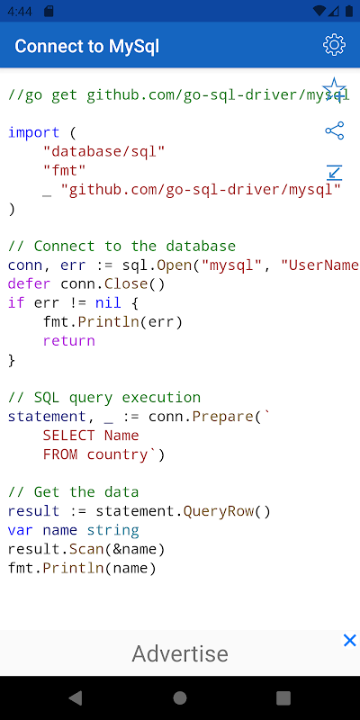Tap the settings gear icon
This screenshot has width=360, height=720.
334,45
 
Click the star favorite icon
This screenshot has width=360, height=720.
334,88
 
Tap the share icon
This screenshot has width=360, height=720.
334,130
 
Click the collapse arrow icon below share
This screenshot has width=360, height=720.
334,172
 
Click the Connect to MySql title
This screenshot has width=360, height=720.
86,47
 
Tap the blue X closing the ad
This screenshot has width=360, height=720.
350,640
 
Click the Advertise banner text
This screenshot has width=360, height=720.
180,653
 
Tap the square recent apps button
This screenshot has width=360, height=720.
283,698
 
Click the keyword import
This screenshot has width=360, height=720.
34,132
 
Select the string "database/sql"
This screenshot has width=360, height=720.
103,151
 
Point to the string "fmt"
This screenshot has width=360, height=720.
65,170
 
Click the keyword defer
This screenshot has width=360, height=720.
30,283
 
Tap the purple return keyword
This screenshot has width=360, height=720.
69,341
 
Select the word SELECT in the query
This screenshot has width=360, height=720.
69,436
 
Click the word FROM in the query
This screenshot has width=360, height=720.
60,454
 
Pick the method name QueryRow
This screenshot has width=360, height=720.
219,511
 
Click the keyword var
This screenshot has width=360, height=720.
21,530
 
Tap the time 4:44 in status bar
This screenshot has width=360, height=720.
20,11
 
